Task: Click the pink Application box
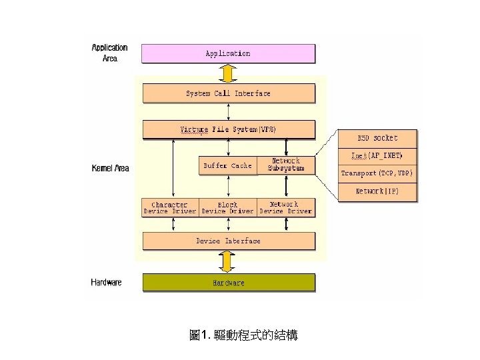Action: [228, 53]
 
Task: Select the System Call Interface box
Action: [228, 93]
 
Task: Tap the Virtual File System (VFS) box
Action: [228, 129]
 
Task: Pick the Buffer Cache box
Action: [227, 165]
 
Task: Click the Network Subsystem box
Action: [285, 165]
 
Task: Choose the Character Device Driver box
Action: [170, 208]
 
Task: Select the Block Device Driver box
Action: [227, 208]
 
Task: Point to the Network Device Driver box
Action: [285, 208]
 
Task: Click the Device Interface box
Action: [228, 241]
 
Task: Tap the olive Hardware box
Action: [228, 283]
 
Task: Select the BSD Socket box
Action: [377, 139]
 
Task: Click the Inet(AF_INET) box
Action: [377, 156]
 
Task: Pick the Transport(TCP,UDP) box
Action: [377, 173]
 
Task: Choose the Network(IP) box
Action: [377, 191]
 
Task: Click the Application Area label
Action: [109, 53]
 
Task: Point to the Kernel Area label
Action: [110, 169]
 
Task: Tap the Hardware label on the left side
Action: [106, 283]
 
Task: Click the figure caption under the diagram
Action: [243, 336]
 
